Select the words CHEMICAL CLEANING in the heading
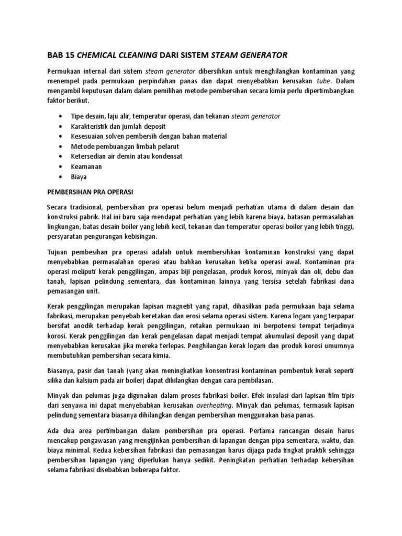coord(119,54)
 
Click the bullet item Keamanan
coord(86,166)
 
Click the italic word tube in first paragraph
coord(324,81)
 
